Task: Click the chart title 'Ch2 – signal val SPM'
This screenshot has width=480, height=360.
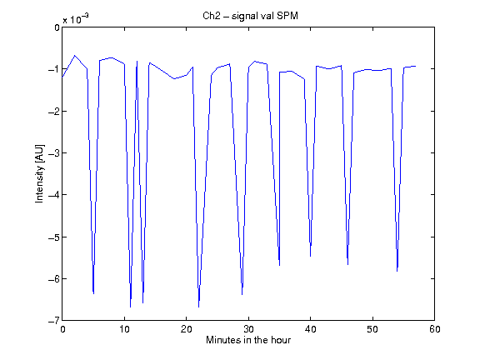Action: coord(250,16)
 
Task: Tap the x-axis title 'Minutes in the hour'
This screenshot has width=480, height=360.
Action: coord(248,340)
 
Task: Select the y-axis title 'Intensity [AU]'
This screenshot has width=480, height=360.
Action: coord(39,173)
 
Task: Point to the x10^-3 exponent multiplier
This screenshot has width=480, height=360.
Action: coord(76,18)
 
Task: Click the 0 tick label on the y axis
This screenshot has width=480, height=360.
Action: coord(57,27)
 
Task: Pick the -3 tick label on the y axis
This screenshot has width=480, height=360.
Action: coord(54,153)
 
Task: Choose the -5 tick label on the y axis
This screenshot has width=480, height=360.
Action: coord(54,237)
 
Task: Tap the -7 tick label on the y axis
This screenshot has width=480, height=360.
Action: coord(54,321)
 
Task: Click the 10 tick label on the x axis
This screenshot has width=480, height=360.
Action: coord(124,329)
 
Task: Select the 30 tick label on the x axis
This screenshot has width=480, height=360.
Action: coord(248,329)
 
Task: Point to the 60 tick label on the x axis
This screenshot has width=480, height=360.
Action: coord(435,329)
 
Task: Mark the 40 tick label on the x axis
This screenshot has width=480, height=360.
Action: coord(310,329)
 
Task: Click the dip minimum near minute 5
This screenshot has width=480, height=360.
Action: coord(93,293)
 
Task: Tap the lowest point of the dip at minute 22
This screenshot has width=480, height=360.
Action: coord(198,307)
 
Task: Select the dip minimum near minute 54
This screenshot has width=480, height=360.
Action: coord(397,271)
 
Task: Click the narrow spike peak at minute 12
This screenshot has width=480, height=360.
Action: coord(137,61)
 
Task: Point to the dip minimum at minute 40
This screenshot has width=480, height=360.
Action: coord(310,256)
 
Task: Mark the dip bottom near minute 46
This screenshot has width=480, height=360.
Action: coord(347,264)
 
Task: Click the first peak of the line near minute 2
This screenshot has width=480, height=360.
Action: coord(75,56)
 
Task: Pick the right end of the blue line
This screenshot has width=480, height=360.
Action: coord(415,66)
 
